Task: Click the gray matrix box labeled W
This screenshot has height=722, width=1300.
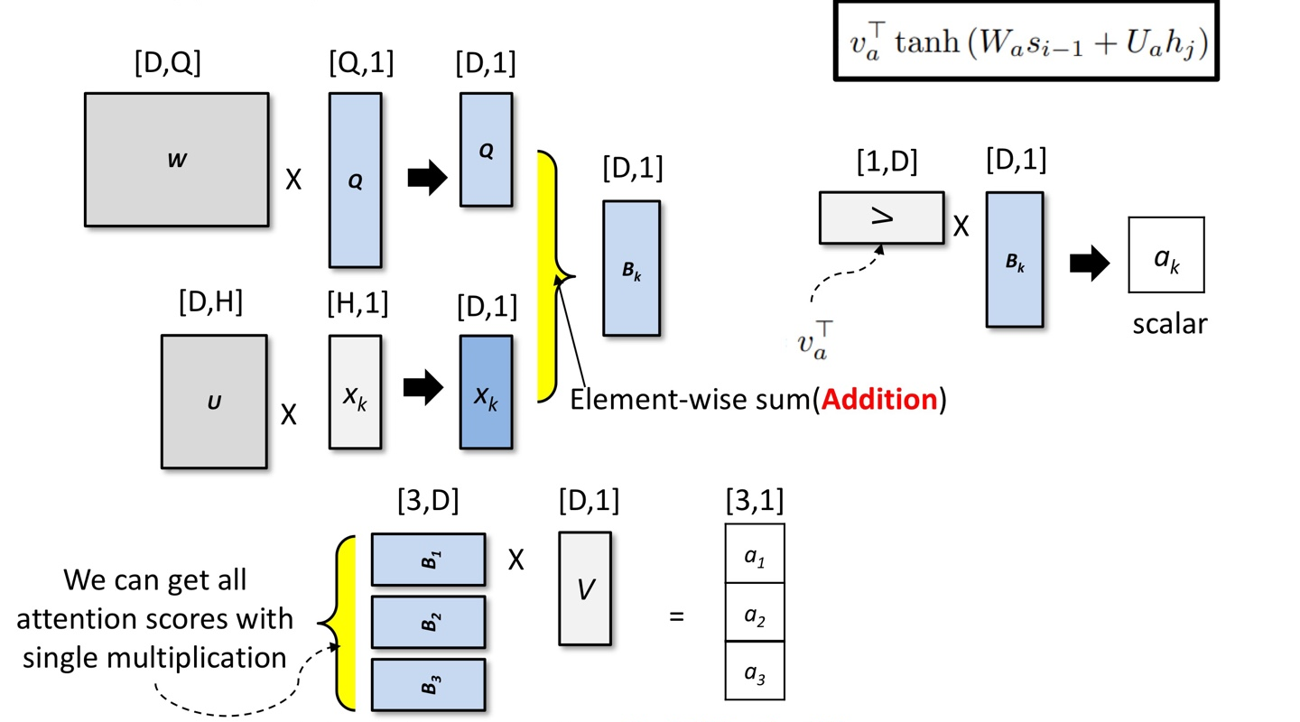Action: click(177, 159)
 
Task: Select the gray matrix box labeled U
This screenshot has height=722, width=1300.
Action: click(214, 402)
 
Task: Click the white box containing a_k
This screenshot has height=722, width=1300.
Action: click(1165, 255)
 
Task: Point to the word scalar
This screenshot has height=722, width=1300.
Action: click(1170, 323)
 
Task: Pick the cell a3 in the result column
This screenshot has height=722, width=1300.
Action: click(754, 671)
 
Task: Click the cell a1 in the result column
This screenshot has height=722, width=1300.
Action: click(754, 554)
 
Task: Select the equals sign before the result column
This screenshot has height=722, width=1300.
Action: click(675, 618)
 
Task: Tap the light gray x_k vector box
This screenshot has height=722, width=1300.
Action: click(355, 393)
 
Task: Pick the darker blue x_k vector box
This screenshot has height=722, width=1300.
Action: click(486, 393)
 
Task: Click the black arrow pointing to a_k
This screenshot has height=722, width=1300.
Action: click(1090, 264)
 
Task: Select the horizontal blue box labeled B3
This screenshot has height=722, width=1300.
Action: click(428, 684)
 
